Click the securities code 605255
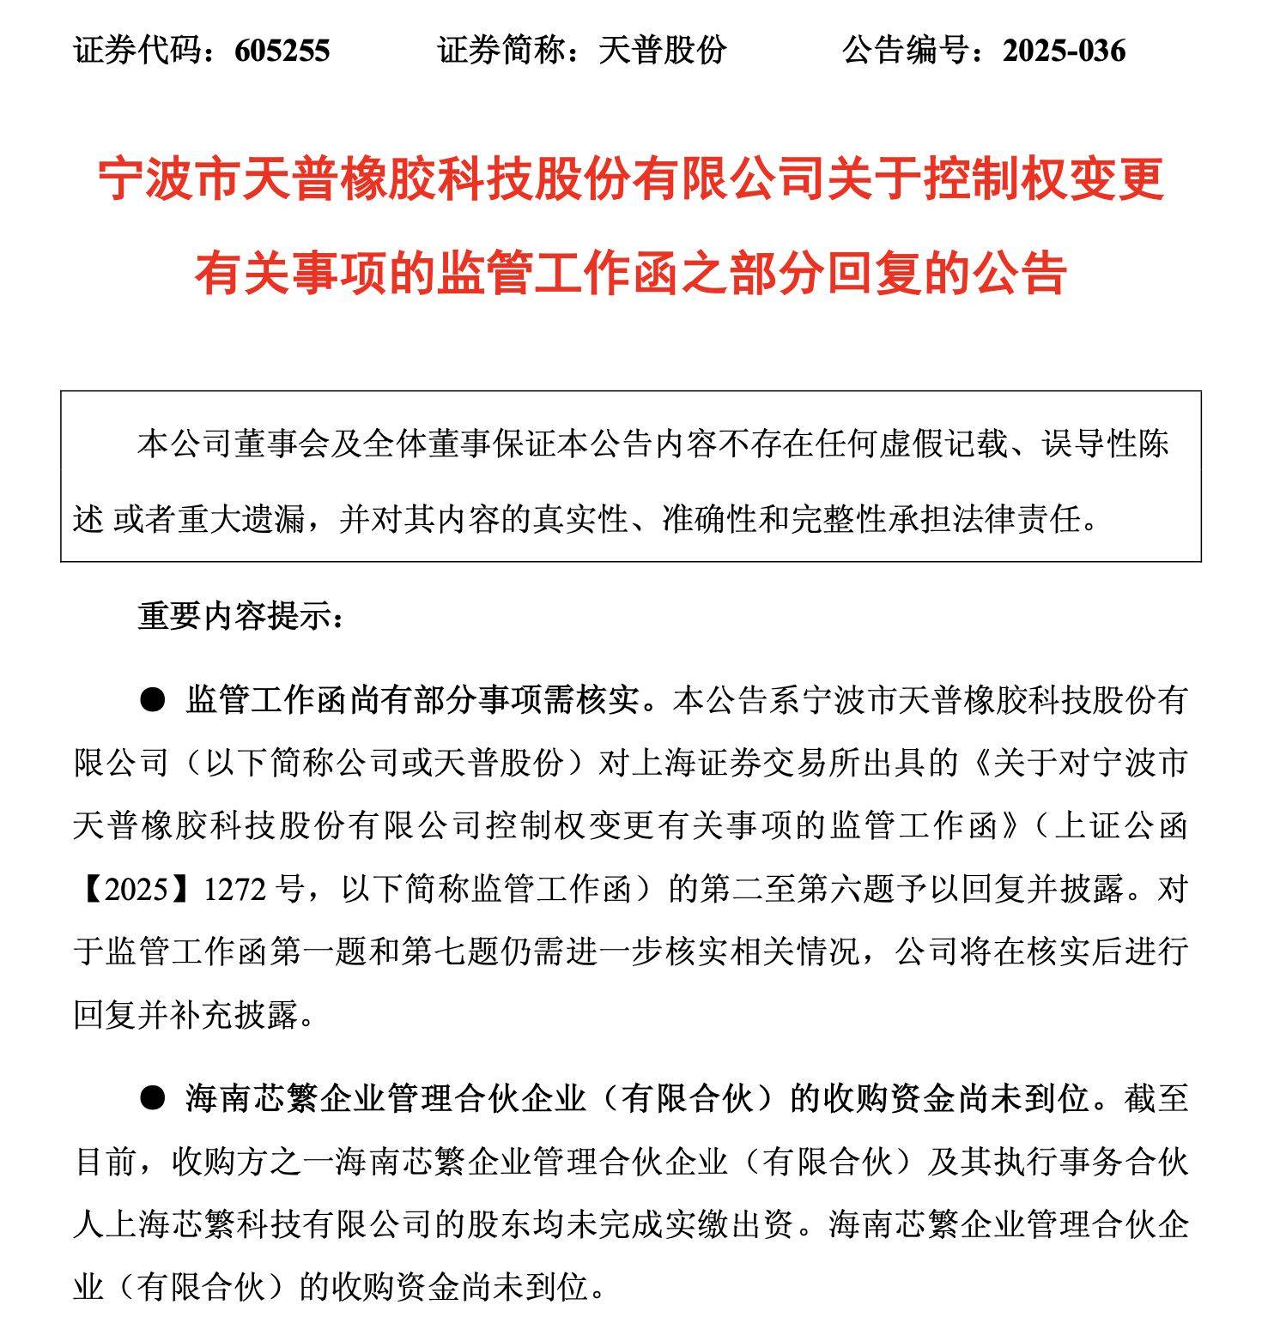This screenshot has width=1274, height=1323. click(x=282, y=51)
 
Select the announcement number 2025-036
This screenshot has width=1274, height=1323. click(x=1064, y=51)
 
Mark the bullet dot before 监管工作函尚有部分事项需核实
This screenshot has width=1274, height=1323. click(x=152, y=700)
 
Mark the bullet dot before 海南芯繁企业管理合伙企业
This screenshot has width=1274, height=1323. click(x=152, y=1098)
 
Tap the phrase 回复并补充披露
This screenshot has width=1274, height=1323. click(x=187, y=1015)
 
